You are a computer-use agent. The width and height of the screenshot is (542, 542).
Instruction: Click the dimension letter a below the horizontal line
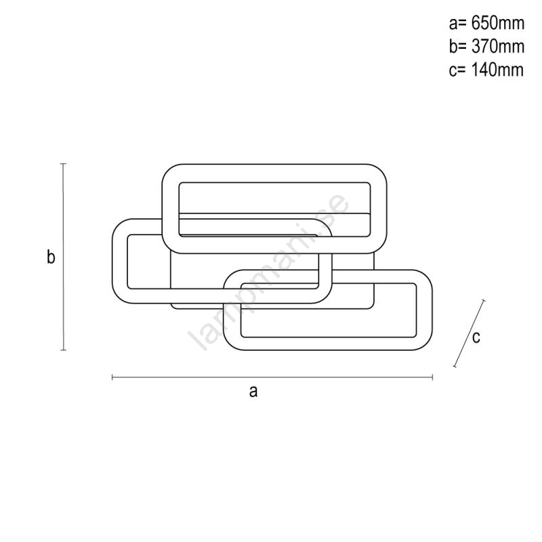[253, 392]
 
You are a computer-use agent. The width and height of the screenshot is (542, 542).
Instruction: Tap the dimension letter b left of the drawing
[51, 257]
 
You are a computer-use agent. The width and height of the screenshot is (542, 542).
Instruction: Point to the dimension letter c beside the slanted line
[476, 337]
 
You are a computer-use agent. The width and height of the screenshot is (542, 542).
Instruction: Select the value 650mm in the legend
[498, 23]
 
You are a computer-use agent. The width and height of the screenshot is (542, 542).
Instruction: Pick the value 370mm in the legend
[498, 46]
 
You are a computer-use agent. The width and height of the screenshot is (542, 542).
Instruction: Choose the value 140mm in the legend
[497, 70]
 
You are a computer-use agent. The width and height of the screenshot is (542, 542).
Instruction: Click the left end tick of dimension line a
[112, 377]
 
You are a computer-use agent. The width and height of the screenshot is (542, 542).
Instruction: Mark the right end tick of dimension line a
[432, 377]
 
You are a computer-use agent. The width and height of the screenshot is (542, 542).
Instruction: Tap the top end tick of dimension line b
[63, 164]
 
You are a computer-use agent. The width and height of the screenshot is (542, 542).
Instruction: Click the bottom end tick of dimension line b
[63, 350]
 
